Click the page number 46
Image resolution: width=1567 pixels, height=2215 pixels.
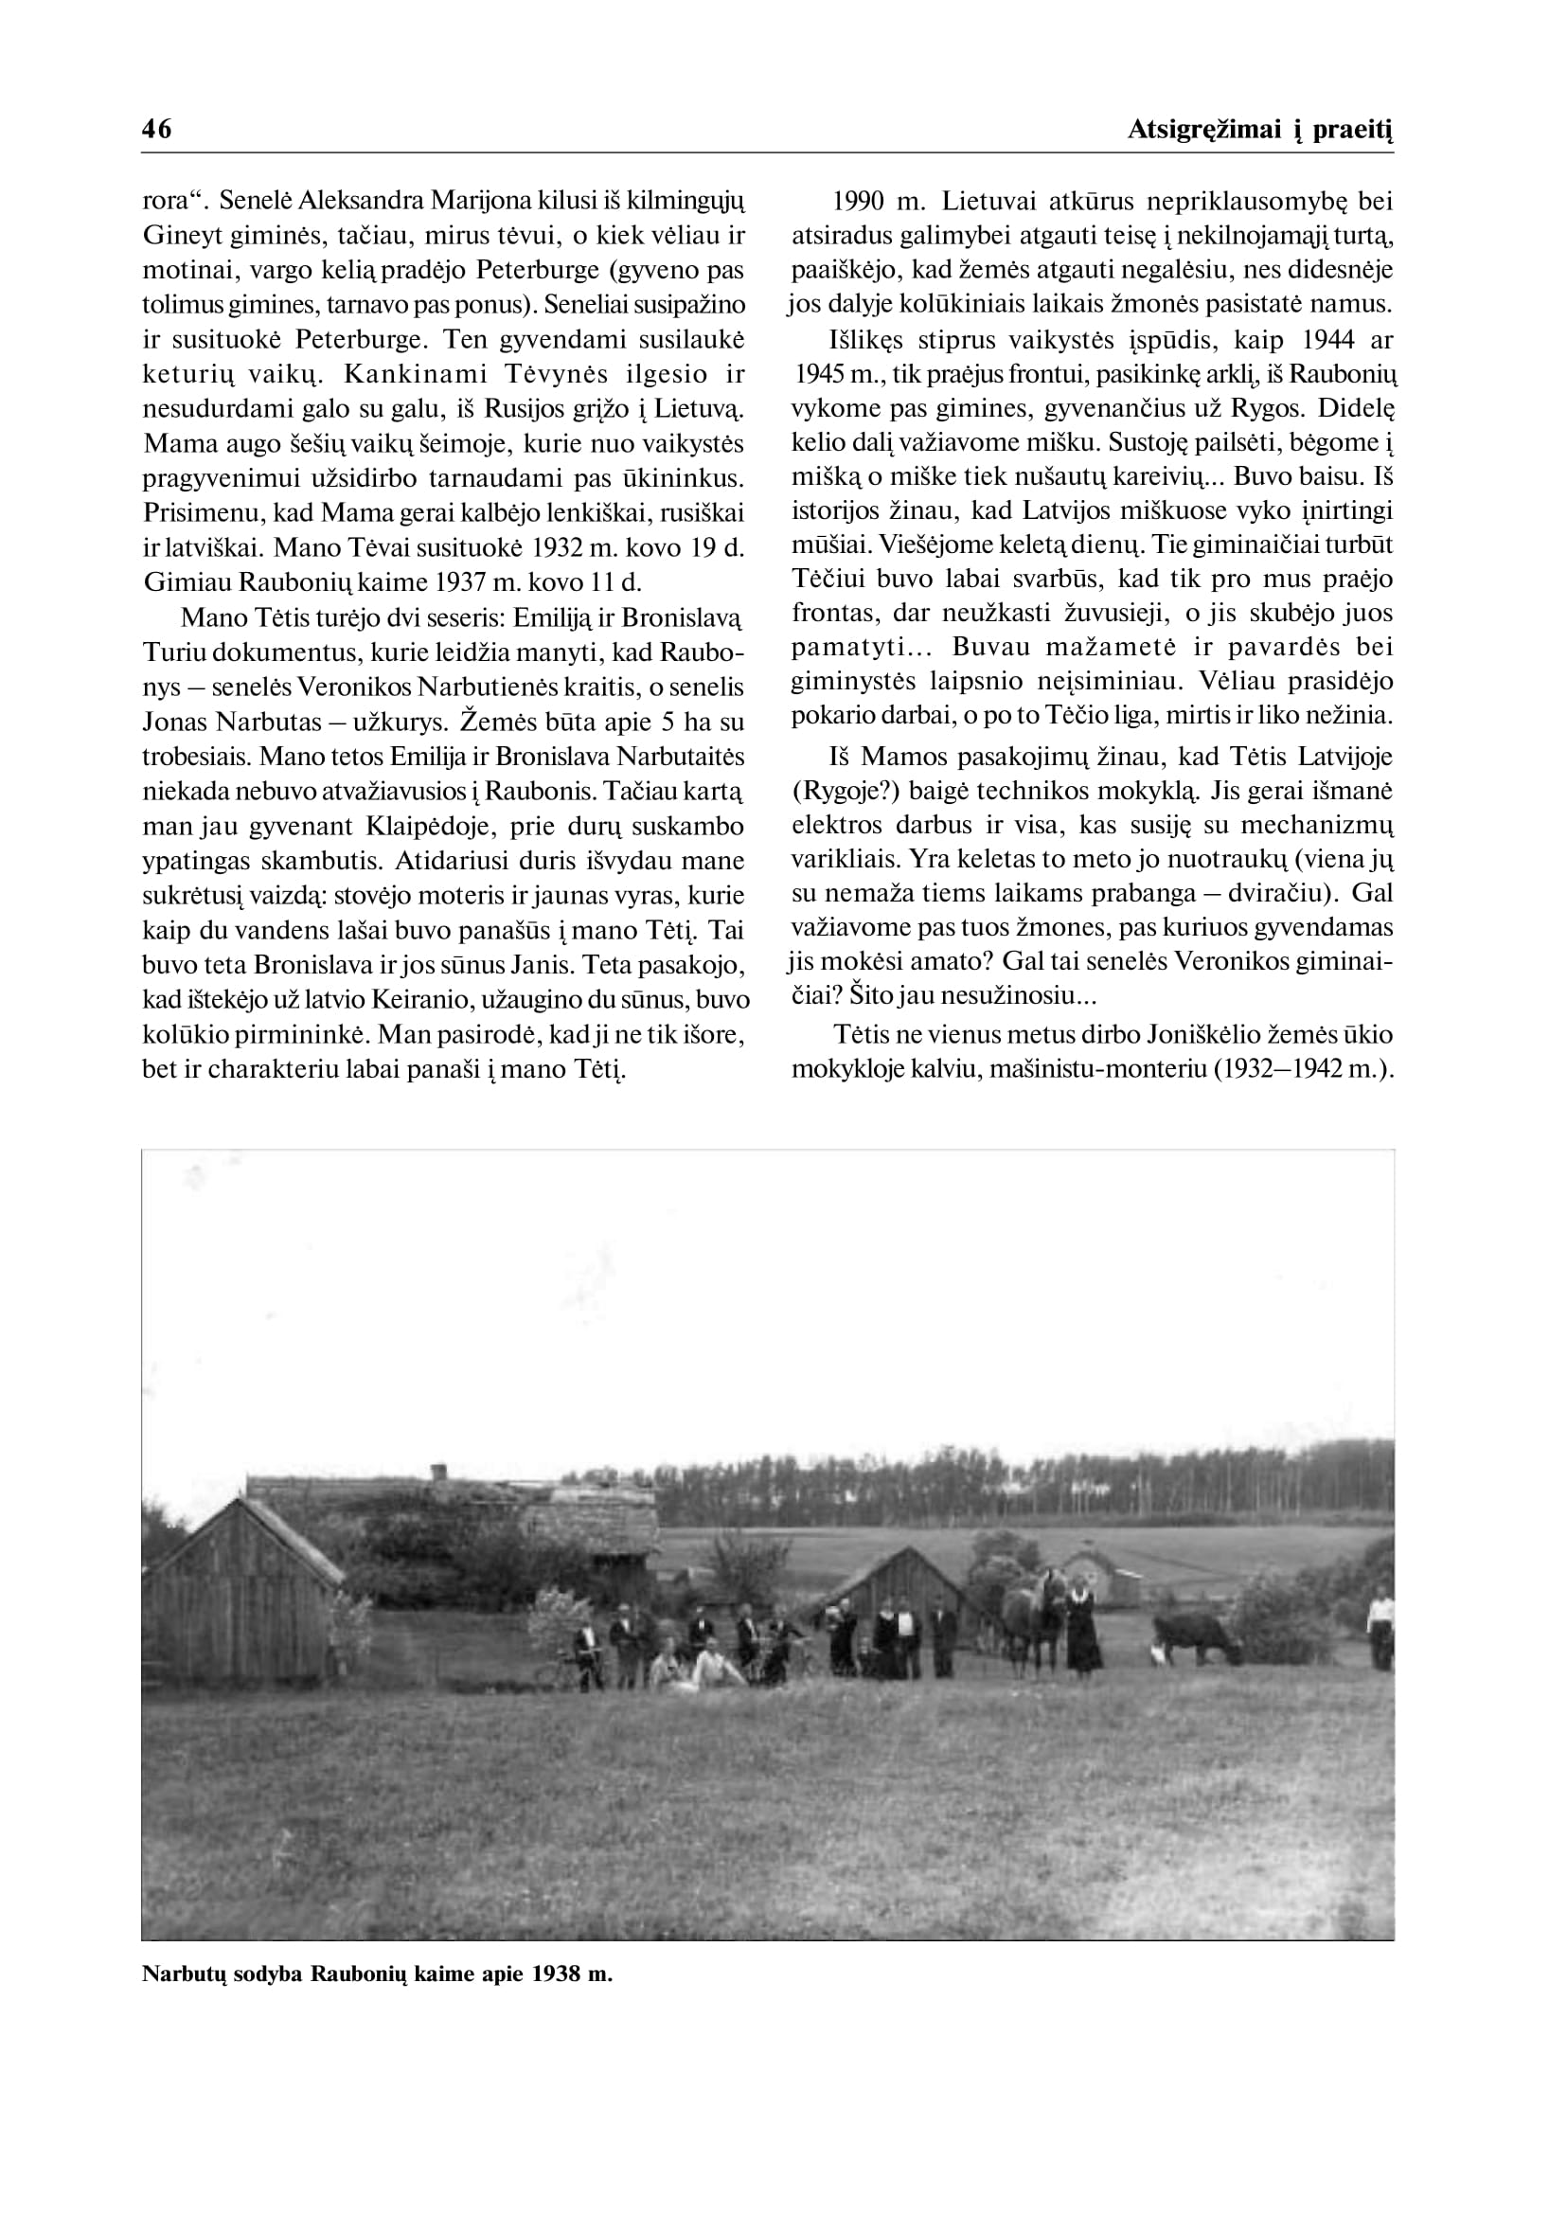click(156, 130)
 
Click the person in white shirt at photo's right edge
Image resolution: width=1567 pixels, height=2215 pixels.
click(1380, 1627)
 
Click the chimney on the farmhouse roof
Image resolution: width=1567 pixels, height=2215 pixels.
click(438, 1472)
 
